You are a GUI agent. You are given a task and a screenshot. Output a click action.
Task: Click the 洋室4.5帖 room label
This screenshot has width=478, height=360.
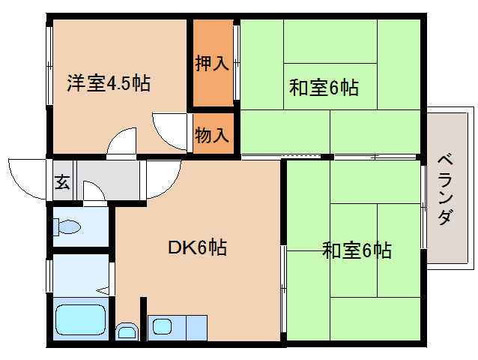(x=109, y=82)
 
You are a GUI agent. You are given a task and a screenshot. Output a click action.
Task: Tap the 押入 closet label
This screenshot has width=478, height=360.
(x=212, y=64)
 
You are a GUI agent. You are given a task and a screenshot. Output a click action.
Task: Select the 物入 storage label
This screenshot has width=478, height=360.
(x=212, y=135)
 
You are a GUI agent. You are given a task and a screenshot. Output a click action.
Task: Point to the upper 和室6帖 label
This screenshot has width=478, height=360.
(x=324, y=88)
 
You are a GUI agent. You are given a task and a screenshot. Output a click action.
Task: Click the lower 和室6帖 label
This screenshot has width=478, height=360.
(x=357, y=250)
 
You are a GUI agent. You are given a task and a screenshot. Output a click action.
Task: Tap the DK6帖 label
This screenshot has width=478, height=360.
(x=197, y=247)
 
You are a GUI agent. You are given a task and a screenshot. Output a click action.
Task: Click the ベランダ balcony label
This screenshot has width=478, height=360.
(x=445, y=190)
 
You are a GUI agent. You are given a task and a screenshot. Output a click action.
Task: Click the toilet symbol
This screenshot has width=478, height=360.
(x=67, y=226)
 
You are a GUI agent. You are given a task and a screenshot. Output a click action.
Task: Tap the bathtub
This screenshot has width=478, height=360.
(x=81, y=319)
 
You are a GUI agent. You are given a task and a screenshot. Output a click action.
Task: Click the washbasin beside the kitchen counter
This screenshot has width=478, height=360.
(x=127, y=331)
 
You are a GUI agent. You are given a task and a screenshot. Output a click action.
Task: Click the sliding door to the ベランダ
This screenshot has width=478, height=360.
(x=423, y=208)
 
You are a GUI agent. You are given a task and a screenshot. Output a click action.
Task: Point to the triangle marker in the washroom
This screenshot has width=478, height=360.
(x=103, y=290)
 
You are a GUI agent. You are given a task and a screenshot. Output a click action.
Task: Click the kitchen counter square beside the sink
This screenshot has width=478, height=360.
(x=196, y=328)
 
